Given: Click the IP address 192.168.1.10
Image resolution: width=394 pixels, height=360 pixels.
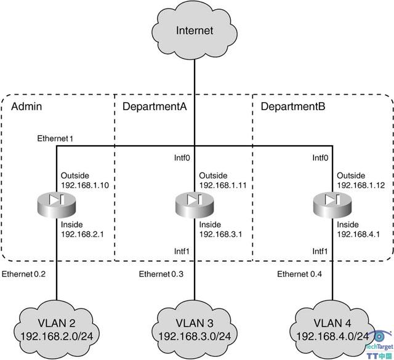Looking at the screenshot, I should click(x=84, y=184).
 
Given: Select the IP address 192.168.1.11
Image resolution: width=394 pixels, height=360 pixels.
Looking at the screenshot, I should click(x=222, y=184).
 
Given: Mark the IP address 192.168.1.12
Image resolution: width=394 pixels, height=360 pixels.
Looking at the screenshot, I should click(x=360, y=184).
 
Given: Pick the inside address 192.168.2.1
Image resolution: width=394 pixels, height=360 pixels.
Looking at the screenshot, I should click(x=82, y=234).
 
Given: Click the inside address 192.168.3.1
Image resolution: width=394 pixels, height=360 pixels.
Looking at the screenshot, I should click(x=220, y=234).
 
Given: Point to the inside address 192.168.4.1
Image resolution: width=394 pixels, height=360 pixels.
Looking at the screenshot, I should click(x=358, y=234).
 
